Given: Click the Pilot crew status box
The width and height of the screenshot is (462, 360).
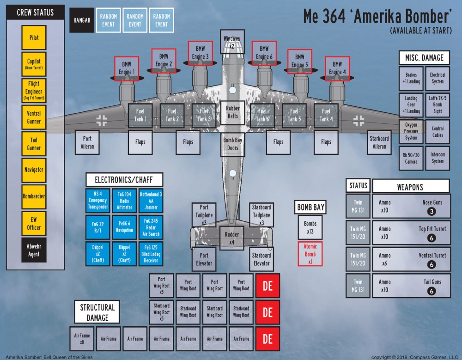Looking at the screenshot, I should tap(34, 37).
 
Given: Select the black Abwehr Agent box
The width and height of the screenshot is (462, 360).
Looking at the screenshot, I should tap(34, 250).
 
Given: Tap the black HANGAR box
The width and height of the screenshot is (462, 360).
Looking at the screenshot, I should tap(82, 20).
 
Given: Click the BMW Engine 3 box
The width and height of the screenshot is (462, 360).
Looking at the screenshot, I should tap(200, 53).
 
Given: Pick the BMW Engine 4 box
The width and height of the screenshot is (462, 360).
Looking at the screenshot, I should tap(337, 68).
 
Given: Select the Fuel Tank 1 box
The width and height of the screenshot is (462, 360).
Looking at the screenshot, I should tap(140, 115).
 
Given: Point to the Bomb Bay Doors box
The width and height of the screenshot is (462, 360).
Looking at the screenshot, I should tap(232, 144).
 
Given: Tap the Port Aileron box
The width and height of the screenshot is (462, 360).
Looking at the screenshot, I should tap(87, 142).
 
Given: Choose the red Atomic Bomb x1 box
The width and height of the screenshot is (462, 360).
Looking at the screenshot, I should tap(310, 254).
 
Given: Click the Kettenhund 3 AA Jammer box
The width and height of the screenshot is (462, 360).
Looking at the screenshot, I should tap(151, 201).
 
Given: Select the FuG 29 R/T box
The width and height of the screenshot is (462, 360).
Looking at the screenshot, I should tap(97, 227).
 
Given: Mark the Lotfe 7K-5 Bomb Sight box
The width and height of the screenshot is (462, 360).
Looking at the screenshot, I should tap(438, 105).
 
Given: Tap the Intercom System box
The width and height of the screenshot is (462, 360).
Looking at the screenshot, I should tap(438, 158).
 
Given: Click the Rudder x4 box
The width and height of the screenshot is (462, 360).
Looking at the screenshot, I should tap(232, 238).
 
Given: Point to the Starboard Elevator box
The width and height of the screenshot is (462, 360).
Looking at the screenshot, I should tap(261, 259).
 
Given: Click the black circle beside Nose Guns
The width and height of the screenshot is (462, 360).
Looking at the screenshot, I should tap(432, 212).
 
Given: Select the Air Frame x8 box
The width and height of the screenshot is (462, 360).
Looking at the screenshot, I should tap(82, 338).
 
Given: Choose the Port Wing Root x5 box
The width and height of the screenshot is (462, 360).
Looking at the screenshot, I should tap(161, 285).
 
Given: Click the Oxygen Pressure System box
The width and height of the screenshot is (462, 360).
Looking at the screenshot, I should tap(411, 131).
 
